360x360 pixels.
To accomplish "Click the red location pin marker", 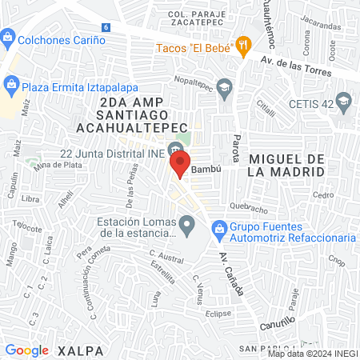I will pos(180,166).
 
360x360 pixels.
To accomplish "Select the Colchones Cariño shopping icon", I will pos(7,38).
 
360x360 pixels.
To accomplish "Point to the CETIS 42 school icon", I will pos(344,101).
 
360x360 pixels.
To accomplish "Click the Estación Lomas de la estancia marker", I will pos(186,224).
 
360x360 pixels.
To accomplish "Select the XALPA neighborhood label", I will pos(76,350).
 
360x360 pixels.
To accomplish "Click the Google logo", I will pos(27,350).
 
